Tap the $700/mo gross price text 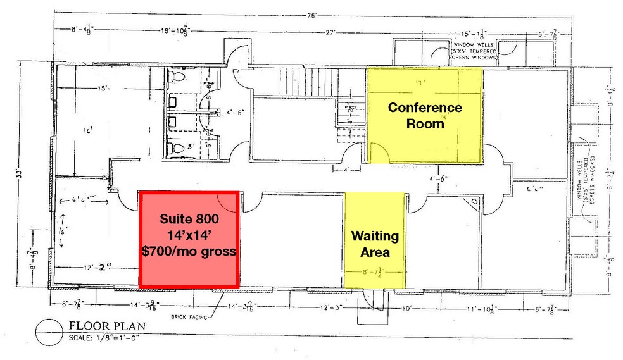coord(189,251)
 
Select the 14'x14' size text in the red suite coord(189,236)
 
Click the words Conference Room coord(425,115)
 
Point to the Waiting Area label coord(375,244)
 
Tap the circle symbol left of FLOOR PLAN coord(47,331)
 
